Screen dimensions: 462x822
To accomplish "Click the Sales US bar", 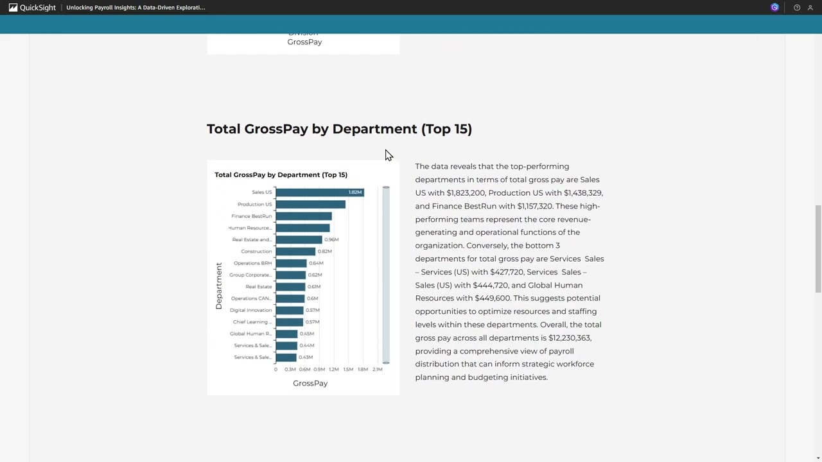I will [x=319, y=193].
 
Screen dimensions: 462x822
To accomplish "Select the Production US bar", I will [x=310, y=204].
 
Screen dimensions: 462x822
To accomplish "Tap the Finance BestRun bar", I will [x=303, y=216].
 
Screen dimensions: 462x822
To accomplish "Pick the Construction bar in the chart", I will [x=295, y=252].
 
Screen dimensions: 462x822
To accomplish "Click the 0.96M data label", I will [x=331, y=240].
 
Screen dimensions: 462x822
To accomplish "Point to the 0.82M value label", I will [x=324, y=252].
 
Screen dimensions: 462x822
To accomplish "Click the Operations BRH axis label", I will [x=252, y=263].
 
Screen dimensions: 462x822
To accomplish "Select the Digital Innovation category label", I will [x=251, y=311].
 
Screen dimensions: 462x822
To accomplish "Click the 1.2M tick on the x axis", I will [x=334, y=370].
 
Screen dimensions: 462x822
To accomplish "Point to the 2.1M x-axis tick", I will [x=378, y=370].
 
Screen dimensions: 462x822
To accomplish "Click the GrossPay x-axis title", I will [x=310, y=383].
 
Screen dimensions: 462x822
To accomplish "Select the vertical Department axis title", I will [x=219, y=286].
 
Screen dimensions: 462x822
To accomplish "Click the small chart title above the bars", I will [x=281, y=175].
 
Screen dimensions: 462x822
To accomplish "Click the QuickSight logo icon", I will [x=13, y=8].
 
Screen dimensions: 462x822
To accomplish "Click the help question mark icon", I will [x=797, y=8].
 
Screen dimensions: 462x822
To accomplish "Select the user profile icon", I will [x=810, y=8].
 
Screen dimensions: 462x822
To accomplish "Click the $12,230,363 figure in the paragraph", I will [x=570, y=338].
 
